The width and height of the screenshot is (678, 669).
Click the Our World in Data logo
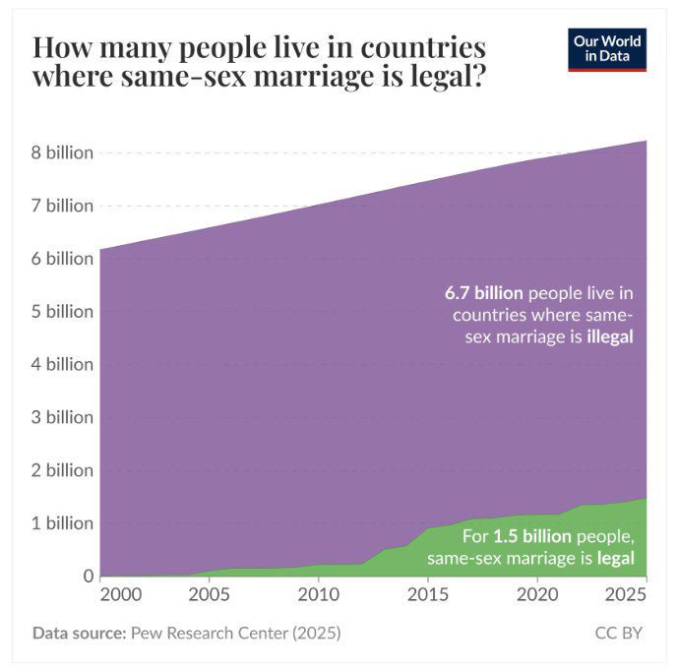pyautogui.click(x=607, y=49)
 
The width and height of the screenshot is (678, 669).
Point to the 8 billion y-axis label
pyautogui.click(x=62, y=152)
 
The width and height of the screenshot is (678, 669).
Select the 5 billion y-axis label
pyautogui.click(x=62, y=311)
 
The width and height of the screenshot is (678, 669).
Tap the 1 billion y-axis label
pyautogui.click(x=62, y=522)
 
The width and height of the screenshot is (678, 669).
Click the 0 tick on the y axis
pyautogui.click(x=88, y=576)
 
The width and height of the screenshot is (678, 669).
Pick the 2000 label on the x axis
pyautogui.click(x=120, y=595)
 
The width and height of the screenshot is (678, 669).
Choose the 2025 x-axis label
pyautogui.click(x=625, y=595)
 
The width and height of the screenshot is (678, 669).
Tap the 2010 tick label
pyautogui.click(x=317, y=595)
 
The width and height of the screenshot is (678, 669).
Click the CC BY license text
pyautogui.click(x=618, y=633)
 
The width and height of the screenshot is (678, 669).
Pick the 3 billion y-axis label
pyautogui.click(x=62, y=417)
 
